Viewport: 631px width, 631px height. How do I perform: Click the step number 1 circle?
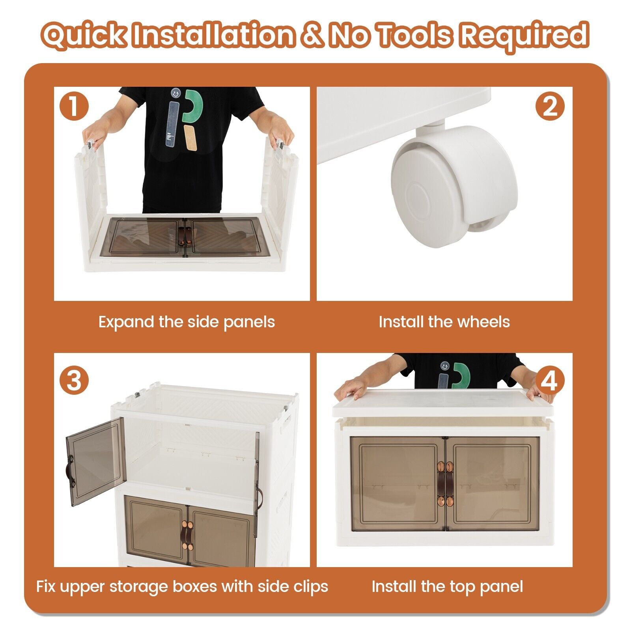74,106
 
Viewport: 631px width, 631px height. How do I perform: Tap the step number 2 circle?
550,106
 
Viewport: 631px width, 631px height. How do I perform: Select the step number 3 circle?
74,381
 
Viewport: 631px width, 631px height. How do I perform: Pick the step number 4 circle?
550,381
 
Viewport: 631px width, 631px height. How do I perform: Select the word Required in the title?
525,35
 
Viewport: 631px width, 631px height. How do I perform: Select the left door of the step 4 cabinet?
398,483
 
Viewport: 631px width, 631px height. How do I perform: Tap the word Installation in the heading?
213,35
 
